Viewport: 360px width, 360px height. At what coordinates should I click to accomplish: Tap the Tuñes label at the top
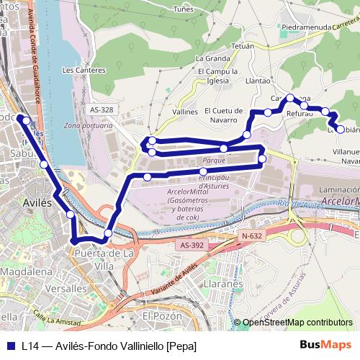pos(184,9)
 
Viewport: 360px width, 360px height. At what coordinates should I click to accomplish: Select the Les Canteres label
pos(79,70)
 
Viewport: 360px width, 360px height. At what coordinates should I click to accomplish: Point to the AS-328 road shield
pos(102,109)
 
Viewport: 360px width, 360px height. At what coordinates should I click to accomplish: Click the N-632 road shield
pos(251,235)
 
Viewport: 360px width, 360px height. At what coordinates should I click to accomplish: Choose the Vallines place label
pos(185,112)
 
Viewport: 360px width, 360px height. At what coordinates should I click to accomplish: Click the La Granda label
pos(212,58)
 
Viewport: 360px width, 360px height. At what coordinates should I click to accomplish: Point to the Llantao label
pos(257,81)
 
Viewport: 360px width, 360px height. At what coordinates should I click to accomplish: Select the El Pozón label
pos(161,315)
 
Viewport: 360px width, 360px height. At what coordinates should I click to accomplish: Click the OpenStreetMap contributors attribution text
pos(297,323)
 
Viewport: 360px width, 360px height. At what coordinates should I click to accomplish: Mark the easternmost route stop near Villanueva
pos(341,130)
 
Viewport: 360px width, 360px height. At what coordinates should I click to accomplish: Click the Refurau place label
pos(300,113)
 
